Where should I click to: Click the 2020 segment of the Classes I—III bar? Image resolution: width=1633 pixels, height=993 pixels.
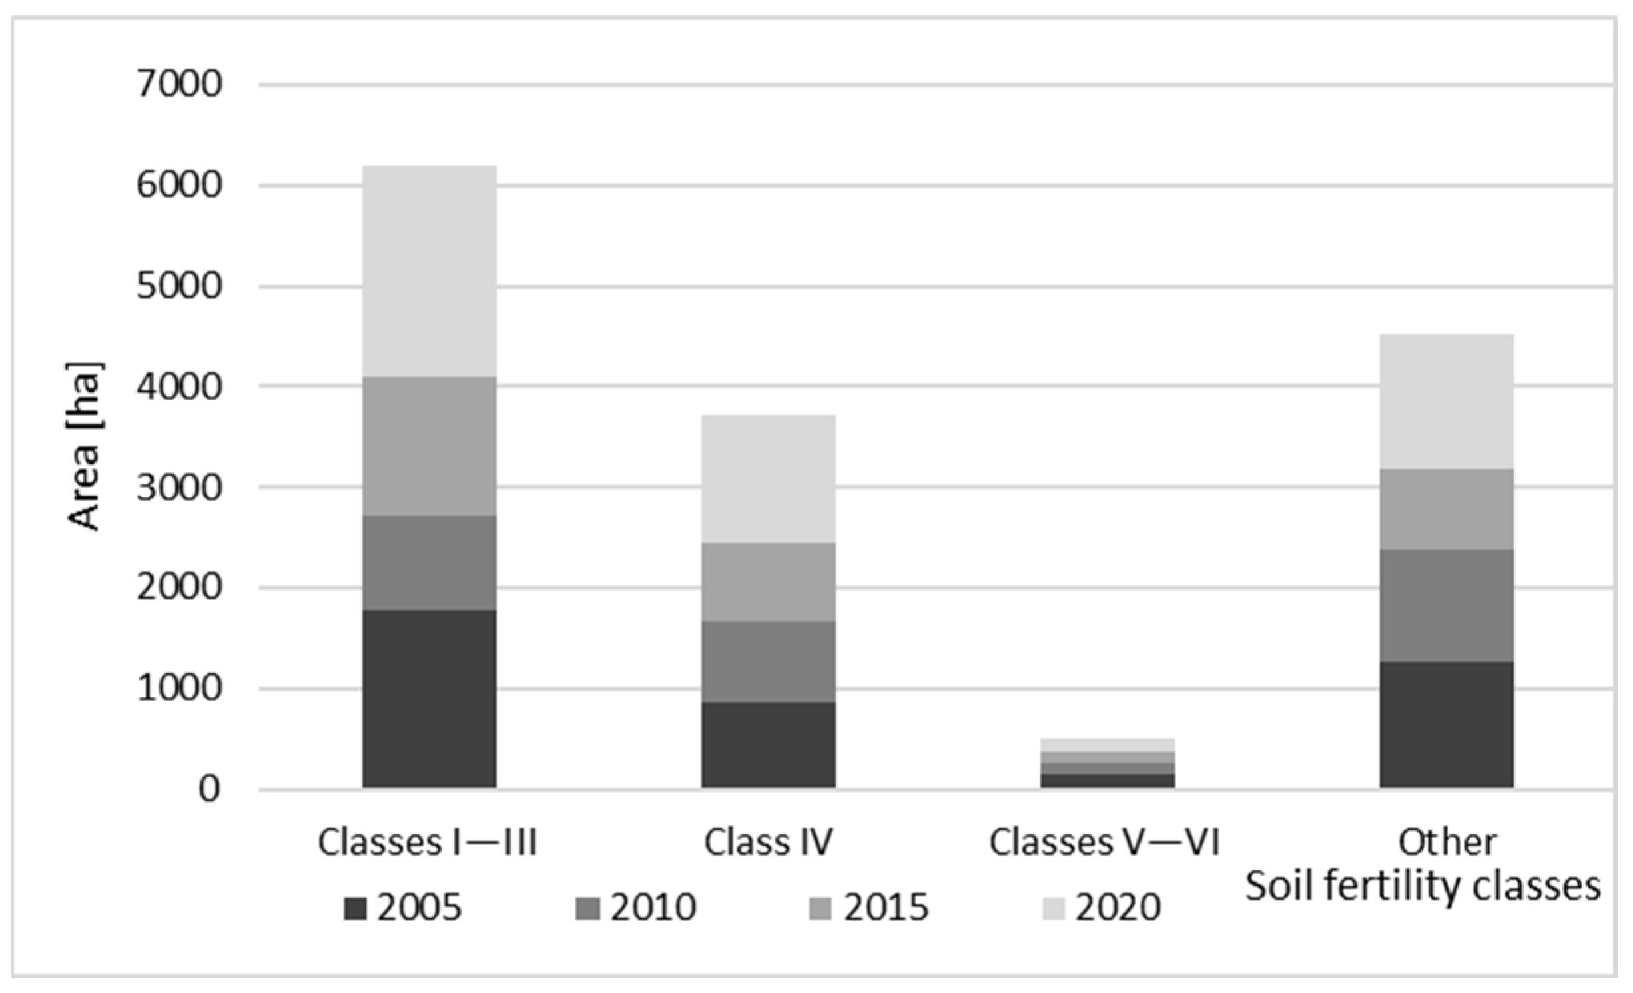pyautogui.click(x=429, y=272)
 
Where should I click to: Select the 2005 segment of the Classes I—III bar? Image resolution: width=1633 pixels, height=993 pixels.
pyautogui.click(x=429, y=699)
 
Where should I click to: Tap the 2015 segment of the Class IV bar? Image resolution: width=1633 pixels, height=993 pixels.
pyautogui.click(x=768, y=582)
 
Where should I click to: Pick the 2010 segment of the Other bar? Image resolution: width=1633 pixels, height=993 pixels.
pyautogui.click(x=1447, y=605)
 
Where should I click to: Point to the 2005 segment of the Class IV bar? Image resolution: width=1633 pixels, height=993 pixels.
pyautogui.click(x=768, y=745)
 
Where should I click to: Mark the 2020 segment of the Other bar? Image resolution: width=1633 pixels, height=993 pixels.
pyautogui.click(x=1447, y=402)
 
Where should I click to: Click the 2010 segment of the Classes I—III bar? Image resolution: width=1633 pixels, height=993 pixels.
pyautogui.click(x=429, y=563)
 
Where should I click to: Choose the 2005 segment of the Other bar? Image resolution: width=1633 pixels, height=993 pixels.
pyautogui.click(x=1447, y=725)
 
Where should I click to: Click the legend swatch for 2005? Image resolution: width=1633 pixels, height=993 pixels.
pyautogui.click(x=355, y=909)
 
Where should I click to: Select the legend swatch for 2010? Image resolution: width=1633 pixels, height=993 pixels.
pyautogui.click(x=587, y=909)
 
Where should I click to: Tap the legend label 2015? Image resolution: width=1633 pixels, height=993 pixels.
pyautogui.click(x=886, y=908)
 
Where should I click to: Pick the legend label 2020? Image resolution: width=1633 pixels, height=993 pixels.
pyautogui.click(x=1118, y=908)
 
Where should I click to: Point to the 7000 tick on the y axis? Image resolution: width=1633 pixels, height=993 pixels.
pyautogui.click(x=178, y=85)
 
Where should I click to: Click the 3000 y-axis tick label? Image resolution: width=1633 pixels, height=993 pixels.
pyautogui.click(x=178, y=488)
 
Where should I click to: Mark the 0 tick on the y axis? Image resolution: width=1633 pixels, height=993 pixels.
pyautogui.click(x=208, y=790)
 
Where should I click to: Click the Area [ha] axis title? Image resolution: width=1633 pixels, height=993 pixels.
pyautogui.click(x=85, y=446)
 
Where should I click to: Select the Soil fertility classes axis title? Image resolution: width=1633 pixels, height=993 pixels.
pyautogui.click(x=1423, y=886)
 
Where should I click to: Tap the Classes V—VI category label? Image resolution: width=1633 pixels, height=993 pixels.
pyautogui.click(x=1104, y=842)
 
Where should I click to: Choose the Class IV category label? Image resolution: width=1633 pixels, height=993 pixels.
pyautogui.click(x=768, y=842)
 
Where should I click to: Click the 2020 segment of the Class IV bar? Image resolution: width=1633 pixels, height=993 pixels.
pyautogui.click(x=768, y=479)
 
